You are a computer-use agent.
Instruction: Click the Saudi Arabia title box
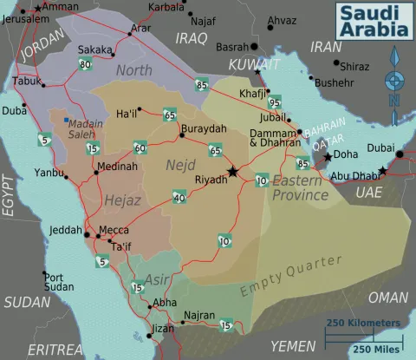pos(372,21)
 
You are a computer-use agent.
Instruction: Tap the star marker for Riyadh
pos(232,172)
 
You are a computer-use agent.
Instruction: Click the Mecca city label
pos(114,230)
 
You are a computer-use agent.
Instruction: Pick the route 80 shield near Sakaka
pos(84,64)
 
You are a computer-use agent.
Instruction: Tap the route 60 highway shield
pos(139,147)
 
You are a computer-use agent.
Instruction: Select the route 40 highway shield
pos(179,199)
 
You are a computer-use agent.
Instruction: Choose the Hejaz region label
pos(121,200)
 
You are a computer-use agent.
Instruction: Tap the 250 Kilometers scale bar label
pos(363,323)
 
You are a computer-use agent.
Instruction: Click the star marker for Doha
pos(328,157)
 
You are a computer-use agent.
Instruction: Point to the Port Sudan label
pos(59,282)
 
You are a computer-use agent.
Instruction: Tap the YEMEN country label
pos(292,345)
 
